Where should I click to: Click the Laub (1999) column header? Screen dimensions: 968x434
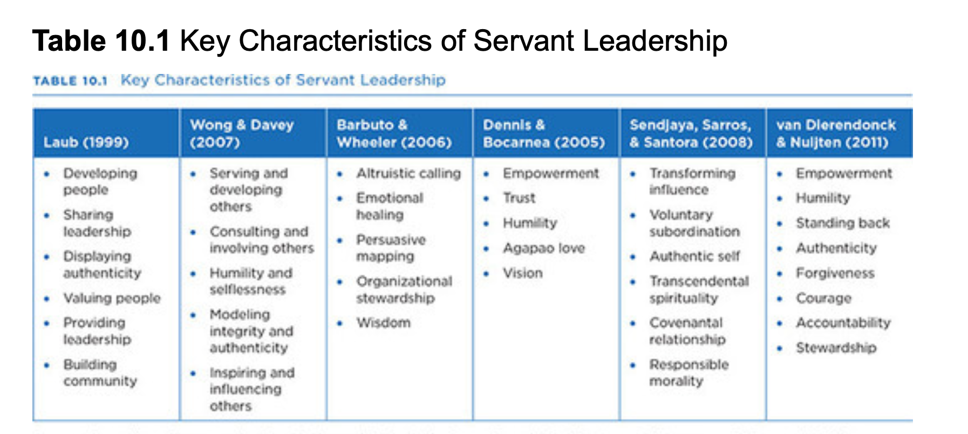pyautogui.click(x=86, y=143)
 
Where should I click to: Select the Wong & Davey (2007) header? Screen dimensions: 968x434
pyautogui.click(x=242, y=133)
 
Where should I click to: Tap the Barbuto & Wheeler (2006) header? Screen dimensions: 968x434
pyautogui.click(x=394, y=133)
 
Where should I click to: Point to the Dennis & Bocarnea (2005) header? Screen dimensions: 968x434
pyautogui.click(x=544, y=133)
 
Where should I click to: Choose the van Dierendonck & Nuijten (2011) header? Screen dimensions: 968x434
pyautogui.click(x=836, y=133)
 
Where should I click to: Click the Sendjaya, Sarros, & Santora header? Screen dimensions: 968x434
pyautogui.click(x=691, y=133)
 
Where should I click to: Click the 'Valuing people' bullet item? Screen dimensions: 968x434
pyautogui.click(x=112, y=298)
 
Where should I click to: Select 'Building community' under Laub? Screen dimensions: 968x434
pyautogui.click(x=100, y=372)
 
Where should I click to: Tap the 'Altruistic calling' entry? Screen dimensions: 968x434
pyautogui.click(x=408, y=173)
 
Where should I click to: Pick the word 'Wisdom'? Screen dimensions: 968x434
pyautogui.click(x=384, y=323)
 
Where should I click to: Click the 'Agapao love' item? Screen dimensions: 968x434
pyautogui.click(x=544, y=248)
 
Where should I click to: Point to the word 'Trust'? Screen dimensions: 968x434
pyautogui.click(x=519, y=198)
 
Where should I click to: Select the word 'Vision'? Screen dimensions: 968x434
pyautogui.click(x=523, y=273)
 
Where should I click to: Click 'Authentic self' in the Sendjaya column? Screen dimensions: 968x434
pyautogui.click(x=695, y=256)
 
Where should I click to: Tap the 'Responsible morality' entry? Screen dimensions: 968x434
pyautogui.click(x=689, y=372)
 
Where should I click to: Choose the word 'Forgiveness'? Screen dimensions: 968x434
pyautogui.click(x=835, y=273)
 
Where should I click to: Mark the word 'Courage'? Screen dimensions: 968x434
pyautogui.click(x=824, y=298)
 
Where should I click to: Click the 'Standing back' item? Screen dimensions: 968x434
pyautogui.click(x=843, y=223)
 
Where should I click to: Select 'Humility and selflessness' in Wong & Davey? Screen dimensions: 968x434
pyautogui.click(x=251, y=281)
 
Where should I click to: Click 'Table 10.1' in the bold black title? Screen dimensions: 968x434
pyautogui.click(x=101, y=41)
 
